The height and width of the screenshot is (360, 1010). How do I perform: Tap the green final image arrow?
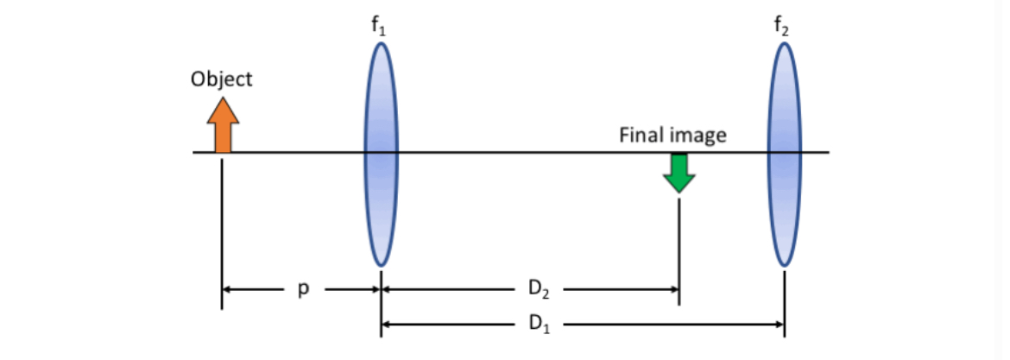(679, 173)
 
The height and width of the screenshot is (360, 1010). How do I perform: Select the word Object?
(222, 79)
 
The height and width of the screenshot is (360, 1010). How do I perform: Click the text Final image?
(672, 135)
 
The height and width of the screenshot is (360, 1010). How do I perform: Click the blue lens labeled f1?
(381, 153)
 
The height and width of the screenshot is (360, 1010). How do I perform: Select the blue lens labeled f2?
(785, 153)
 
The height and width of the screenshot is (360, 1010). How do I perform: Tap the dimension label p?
(302, 290)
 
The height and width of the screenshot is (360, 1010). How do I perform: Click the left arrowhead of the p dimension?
(228, 290)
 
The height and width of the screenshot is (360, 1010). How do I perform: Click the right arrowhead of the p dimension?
(375, 290)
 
